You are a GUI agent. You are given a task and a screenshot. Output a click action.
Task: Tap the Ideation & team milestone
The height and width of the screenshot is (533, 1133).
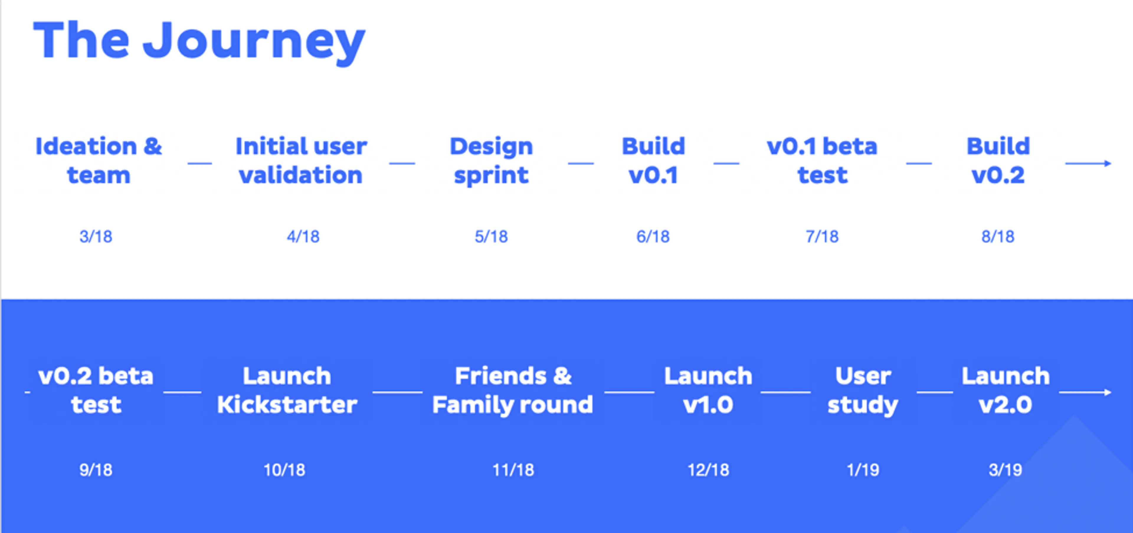click(99, 161)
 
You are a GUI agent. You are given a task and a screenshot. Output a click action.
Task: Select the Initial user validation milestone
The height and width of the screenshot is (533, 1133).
click(301, 161)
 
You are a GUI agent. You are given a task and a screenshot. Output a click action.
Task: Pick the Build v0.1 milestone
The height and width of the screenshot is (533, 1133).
click(654, 161)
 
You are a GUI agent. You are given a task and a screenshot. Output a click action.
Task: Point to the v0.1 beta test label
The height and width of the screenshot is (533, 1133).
click(822, 161)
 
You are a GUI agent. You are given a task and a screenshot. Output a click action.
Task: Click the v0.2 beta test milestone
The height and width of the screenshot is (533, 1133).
click(96, 390)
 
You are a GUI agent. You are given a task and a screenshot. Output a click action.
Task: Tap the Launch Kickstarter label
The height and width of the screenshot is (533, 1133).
click(287, 390)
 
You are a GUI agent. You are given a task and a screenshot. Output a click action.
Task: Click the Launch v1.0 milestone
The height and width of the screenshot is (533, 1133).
click(708, 390)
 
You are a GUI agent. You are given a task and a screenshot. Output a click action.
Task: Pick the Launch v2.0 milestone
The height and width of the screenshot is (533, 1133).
click(1006, 390)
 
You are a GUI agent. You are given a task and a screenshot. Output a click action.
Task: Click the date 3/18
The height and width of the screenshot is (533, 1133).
click(96, 237)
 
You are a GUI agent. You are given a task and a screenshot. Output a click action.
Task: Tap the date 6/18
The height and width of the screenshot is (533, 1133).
click(653, 237)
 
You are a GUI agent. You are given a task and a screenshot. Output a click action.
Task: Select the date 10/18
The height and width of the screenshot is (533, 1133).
click(284, 470)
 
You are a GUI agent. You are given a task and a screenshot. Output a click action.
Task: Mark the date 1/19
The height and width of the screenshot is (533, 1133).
click(863, 470)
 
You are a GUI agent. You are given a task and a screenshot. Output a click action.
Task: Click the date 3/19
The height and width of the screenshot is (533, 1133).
click(1006, 470)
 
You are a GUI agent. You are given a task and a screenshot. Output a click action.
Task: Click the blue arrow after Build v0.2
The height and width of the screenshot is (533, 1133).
click(1088, 164)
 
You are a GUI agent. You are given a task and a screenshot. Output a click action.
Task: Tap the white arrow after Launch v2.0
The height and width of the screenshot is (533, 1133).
click(1085, 392)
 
